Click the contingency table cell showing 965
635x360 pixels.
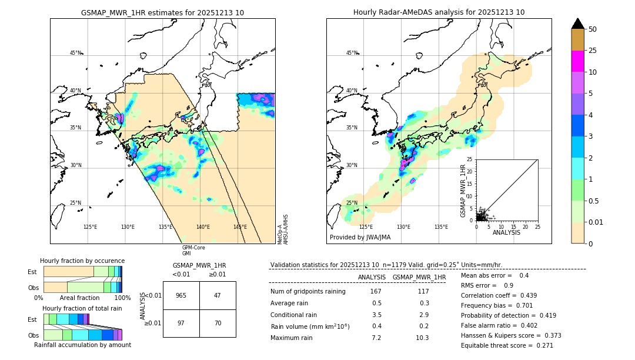(x=181, y=295)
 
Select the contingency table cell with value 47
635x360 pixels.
(x=218, y=295)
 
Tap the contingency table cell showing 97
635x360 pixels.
(x=181, y=324)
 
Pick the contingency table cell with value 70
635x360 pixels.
(x=218, y=324)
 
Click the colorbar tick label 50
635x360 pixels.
(x=593, y=29)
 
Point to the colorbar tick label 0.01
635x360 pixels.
(x=596, y=222)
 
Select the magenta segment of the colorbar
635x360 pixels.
(x=577, y=61)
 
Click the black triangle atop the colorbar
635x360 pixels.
(x=577, y=24)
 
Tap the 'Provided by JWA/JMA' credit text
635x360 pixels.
(x=360, y=238)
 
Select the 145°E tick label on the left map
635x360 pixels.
(x=240, y=227)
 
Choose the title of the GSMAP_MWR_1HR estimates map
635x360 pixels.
(x=162, y=12)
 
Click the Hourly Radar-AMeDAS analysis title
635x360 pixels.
(x=439, y=12)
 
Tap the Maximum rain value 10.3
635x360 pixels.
(x=423, y=338)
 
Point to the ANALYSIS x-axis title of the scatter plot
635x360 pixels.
(x=507, y=232)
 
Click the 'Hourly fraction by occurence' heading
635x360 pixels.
(x=82, y=261)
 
